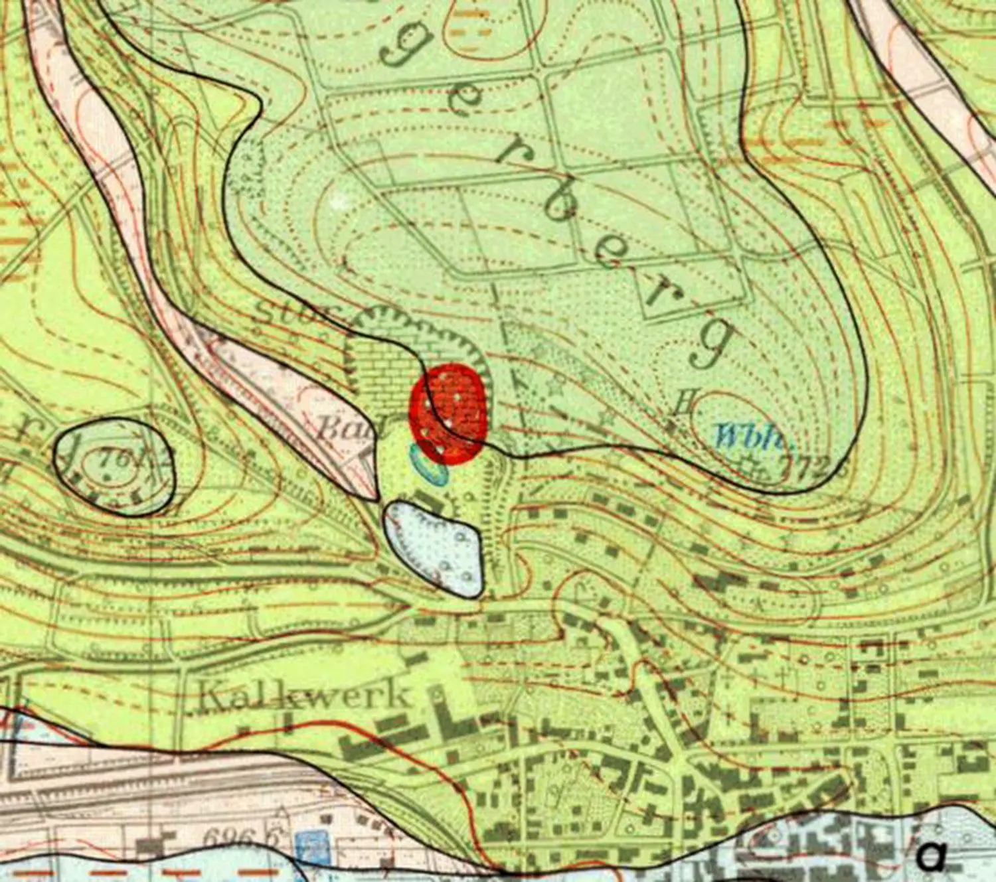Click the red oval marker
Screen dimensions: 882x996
pos(449,412)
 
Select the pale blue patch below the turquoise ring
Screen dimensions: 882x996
pos(435,546)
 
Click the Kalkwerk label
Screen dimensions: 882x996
pos(304,695)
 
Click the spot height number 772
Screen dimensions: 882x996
pos(810,467)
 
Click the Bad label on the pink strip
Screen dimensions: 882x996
pos(343,429)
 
